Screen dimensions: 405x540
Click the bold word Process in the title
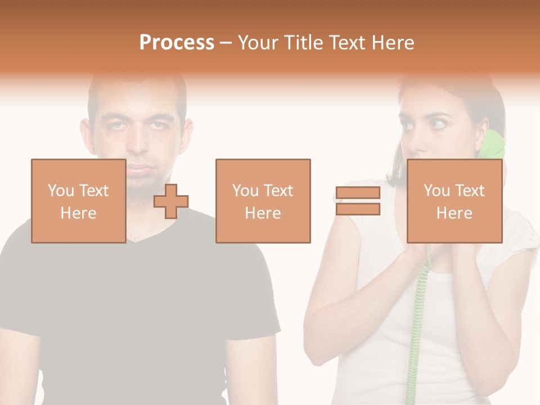click(177, 43)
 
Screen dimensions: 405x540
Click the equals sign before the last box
click(358, 201)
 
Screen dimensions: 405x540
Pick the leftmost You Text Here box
click(78, 201)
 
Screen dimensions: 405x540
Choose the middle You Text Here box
click(263, 201)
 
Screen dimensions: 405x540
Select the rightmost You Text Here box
click(454, 201)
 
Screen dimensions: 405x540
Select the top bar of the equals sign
click(358, 193)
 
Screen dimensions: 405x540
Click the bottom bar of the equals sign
click(358, 209)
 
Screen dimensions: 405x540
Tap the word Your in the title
click(257, 43)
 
